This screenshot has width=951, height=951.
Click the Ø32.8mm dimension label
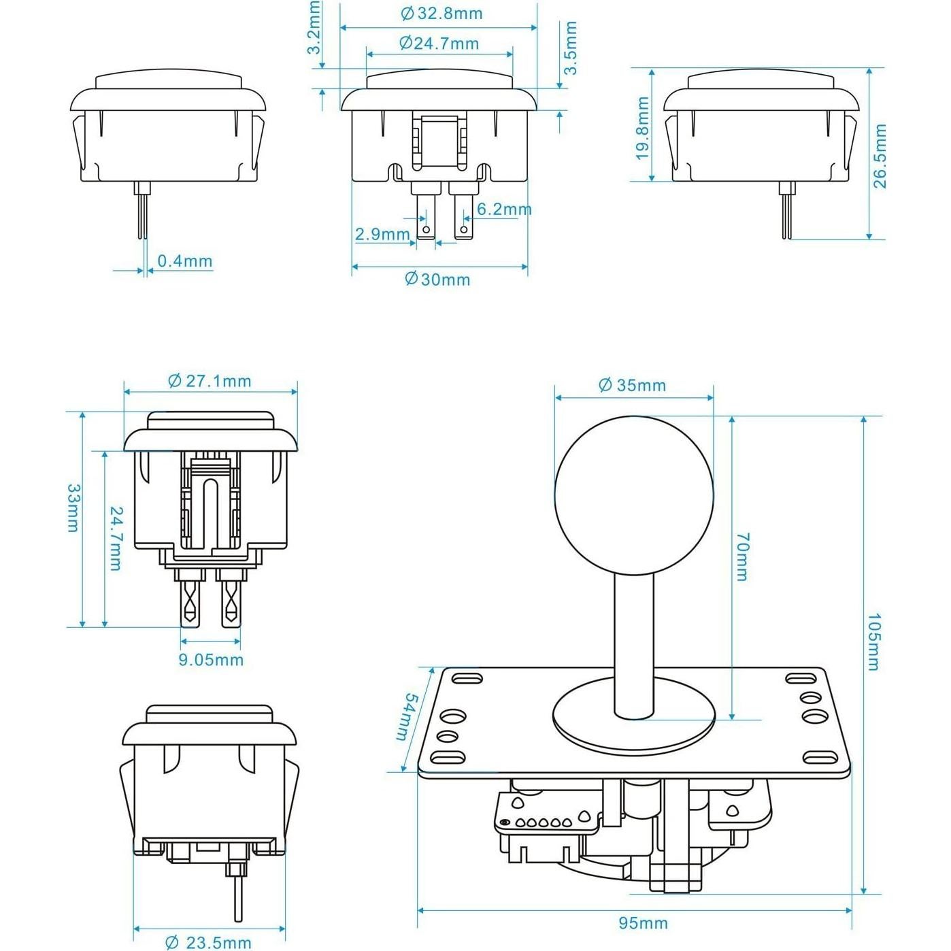[441, 13]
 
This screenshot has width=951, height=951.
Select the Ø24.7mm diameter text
[439, 44]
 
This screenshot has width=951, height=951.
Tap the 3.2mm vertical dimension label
[314, 28]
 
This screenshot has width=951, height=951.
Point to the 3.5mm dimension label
[570, 48]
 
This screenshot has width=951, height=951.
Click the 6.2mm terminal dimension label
[503, 210]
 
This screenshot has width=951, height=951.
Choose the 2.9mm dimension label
[382, 235]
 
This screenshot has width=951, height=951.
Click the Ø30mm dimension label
[437, 280]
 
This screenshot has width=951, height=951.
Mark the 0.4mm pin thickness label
[184, 261]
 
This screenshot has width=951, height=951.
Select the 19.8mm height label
[641, 129]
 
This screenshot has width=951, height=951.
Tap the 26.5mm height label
[880, 156]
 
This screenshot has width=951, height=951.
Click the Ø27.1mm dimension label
[210, 381]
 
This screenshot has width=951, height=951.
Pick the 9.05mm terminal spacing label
[211, 659]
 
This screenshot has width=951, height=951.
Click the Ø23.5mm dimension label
[209, 942]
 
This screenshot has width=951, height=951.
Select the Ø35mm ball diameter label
[632, 386]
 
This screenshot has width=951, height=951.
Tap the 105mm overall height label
[874, 641]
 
